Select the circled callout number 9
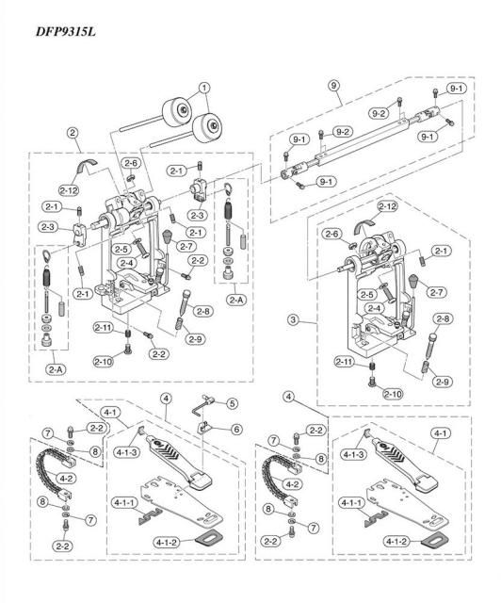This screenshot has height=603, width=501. pyautogui.click(x=333, y=85)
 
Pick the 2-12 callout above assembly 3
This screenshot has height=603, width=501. pyautogui.click(x=387, y=205)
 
